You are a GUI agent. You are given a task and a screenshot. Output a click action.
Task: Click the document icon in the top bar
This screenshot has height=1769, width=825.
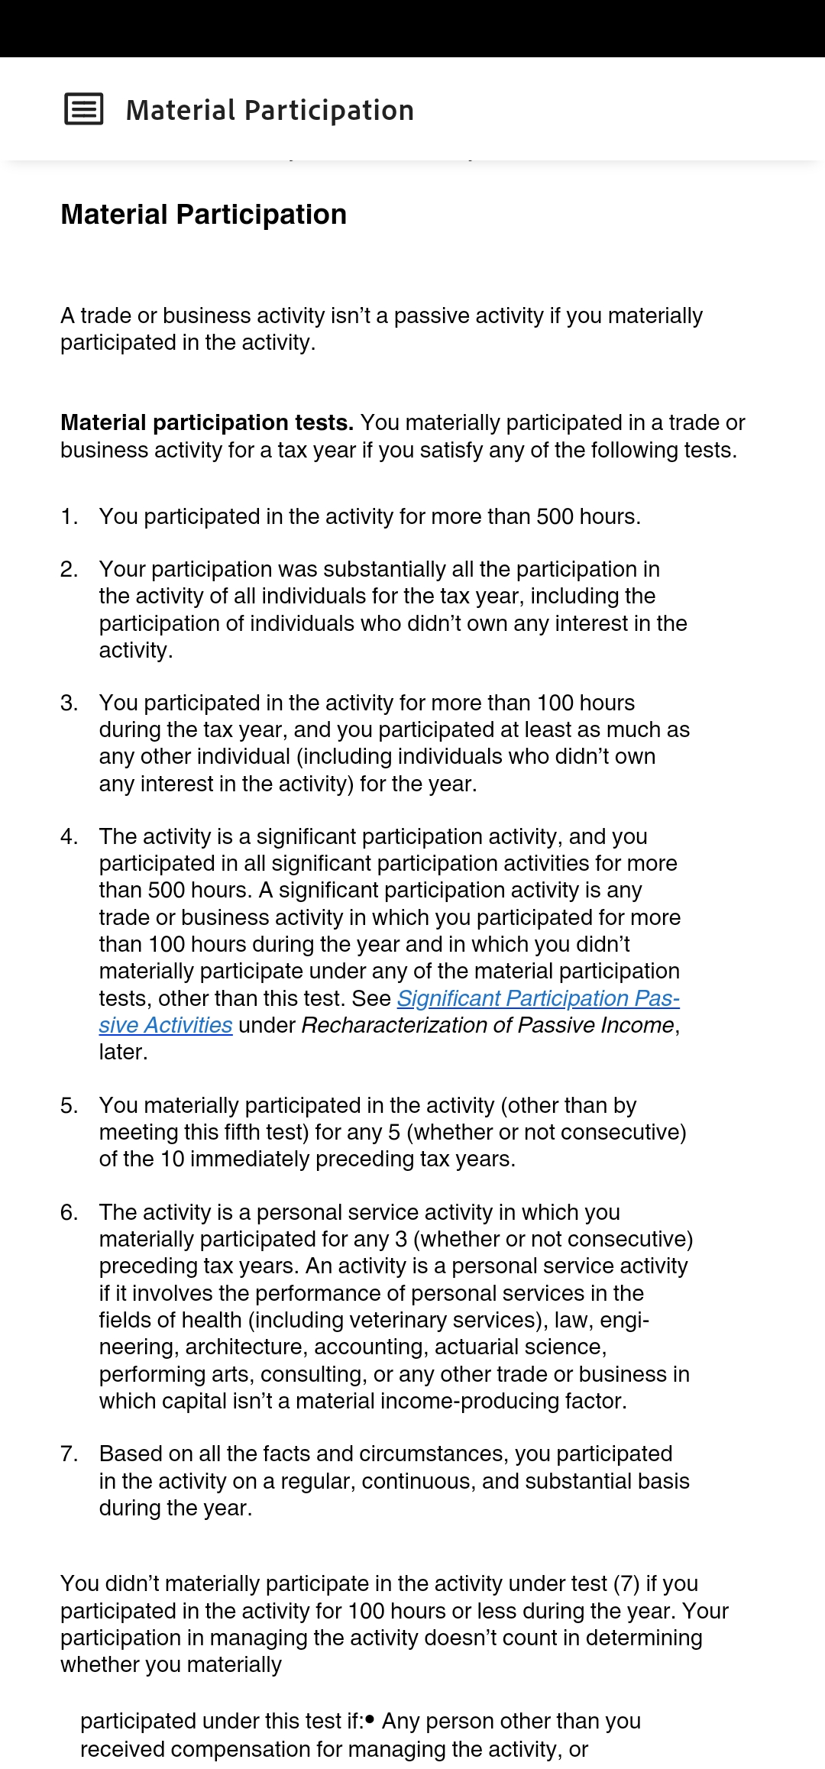point(84,109)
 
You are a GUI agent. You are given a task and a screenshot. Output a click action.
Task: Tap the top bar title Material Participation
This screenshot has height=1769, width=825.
point(270,111)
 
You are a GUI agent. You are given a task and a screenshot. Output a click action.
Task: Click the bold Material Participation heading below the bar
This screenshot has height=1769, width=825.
point(203,215)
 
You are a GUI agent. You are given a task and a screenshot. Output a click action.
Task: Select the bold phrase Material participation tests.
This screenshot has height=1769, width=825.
point(207,422)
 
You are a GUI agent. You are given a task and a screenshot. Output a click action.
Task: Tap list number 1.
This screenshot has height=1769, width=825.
point(69,517)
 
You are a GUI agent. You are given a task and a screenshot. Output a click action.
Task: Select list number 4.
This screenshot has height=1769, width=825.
point(69,837)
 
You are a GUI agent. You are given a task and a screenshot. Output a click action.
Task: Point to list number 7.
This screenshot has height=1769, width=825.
point(69,1454)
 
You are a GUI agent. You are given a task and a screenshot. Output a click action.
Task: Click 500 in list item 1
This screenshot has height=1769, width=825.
point(555,517)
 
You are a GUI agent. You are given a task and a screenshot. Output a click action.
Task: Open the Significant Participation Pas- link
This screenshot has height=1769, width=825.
point(538,998)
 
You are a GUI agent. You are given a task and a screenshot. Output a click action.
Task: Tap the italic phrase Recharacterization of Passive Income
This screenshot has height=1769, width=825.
point(488,1026)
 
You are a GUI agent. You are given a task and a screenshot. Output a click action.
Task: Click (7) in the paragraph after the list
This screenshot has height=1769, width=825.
point(626,1584)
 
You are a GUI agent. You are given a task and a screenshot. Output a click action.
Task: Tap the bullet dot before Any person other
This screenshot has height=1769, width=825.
point(370,1720)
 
